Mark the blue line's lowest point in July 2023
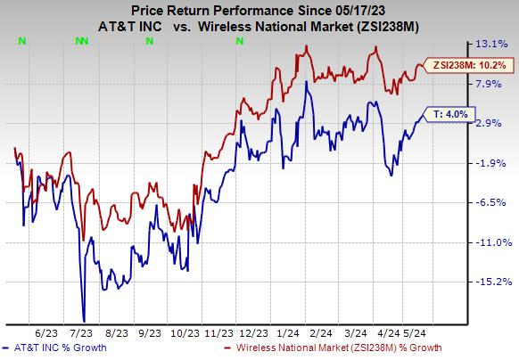coord(84,321)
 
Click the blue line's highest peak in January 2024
coord(307,83)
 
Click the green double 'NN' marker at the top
coord(81,40)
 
